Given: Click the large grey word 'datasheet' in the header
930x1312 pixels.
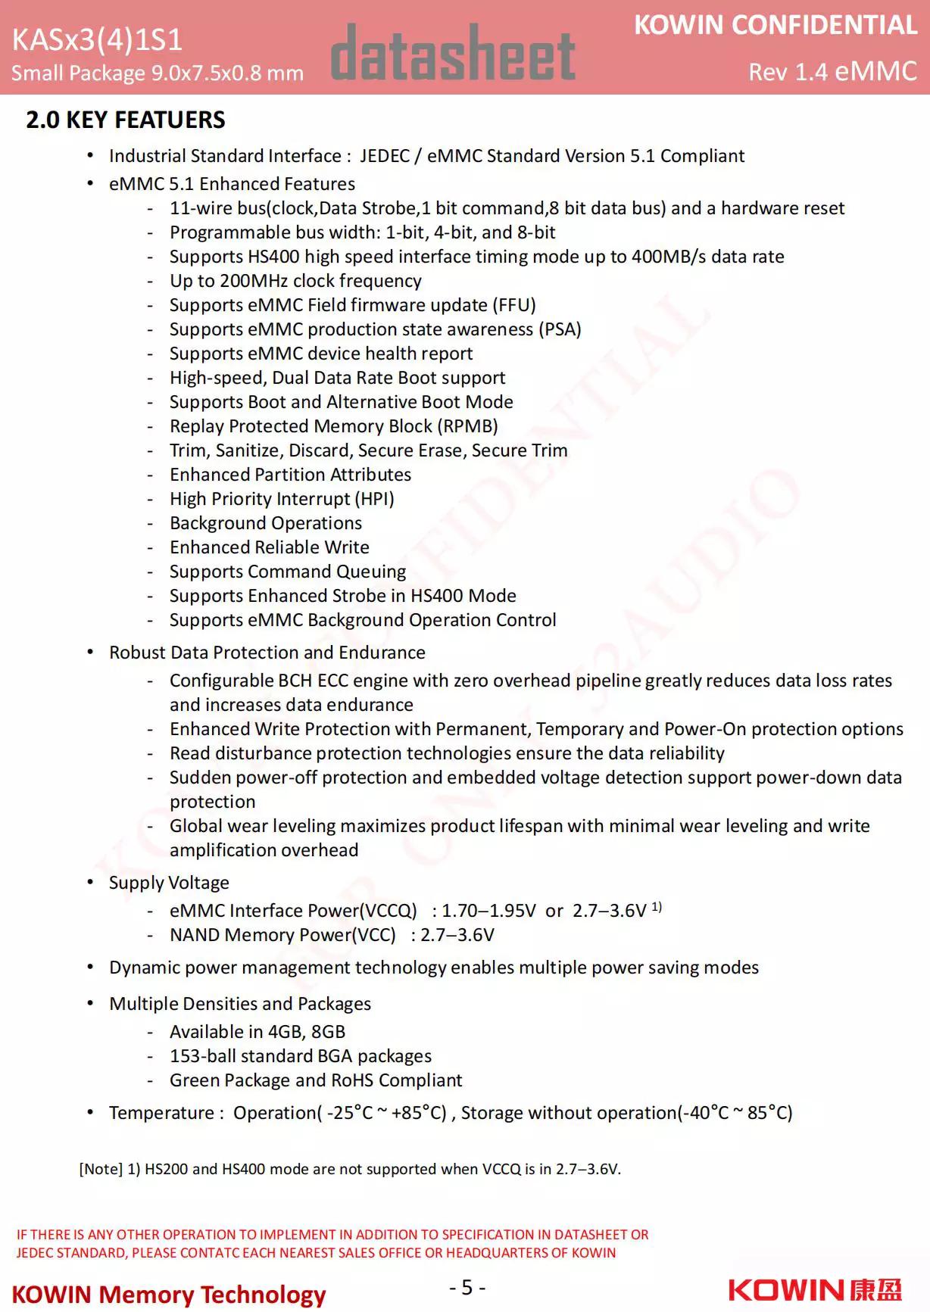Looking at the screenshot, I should click(x=453, y=54).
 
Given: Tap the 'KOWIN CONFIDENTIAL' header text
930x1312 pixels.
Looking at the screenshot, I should click(x=775, y=25).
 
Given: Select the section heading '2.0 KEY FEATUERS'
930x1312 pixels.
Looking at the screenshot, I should click(x=126, y=120).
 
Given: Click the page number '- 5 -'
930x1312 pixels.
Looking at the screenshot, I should click(x=467, y=1287).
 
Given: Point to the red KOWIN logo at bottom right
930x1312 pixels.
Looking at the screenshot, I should click(x=815, y=1290).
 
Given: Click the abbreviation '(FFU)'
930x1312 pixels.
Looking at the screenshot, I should click(x=514, y=305).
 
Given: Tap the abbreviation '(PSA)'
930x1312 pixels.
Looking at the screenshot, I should click(x=560, y=329).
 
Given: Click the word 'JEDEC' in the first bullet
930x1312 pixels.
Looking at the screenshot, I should click(x=385, y=156).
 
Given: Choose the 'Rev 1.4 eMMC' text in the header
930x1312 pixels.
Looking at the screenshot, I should click(x=832, y=71).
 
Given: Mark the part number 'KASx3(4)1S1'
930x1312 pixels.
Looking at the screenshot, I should click(x=97, y=39).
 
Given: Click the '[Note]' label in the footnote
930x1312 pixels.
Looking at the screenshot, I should click(x=100, y=1169).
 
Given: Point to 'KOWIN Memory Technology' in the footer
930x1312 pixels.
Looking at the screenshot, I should click(x=169, y=1295).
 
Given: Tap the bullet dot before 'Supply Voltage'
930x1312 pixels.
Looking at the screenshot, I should click(x=91, y=882).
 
